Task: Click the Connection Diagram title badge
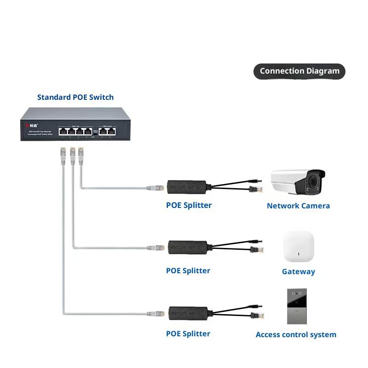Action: click(x=299, y=71)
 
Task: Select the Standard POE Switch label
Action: click(x=75, y=97)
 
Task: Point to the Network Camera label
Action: click(x=298, y=206)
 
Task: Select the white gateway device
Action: click(x=299, y=247)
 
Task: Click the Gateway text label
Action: click(x=298, y=271)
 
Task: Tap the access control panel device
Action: click(x=297, y=306)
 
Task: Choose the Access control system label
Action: click(x=296, y=334)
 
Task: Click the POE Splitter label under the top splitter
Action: click(x=189, y=205)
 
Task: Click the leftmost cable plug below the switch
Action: click(x=63, y=154)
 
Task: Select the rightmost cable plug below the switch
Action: click(x=81, y=154)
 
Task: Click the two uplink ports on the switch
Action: click(x=105, y=131)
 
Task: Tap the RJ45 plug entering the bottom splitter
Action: click(x=156, y=314)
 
